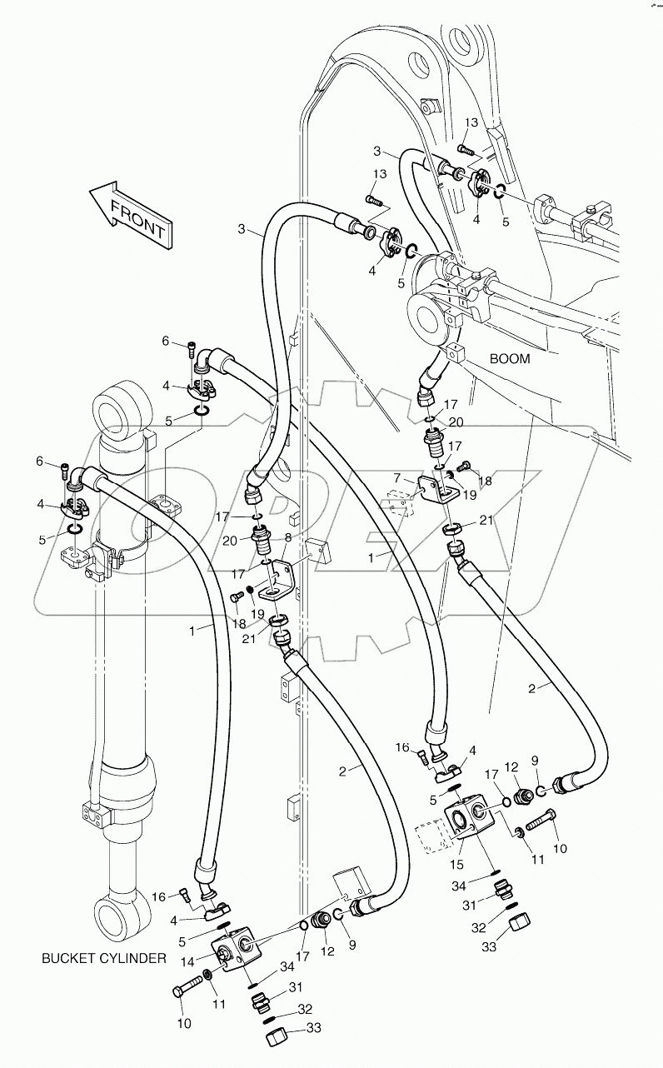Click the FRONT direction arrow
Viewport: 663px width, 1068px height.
130,214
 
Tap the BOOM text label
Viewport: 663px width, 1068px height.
510,359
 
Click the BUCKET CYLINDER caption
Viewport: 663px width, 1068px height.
104,958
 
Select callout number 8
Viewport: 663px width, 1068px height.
289,538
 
